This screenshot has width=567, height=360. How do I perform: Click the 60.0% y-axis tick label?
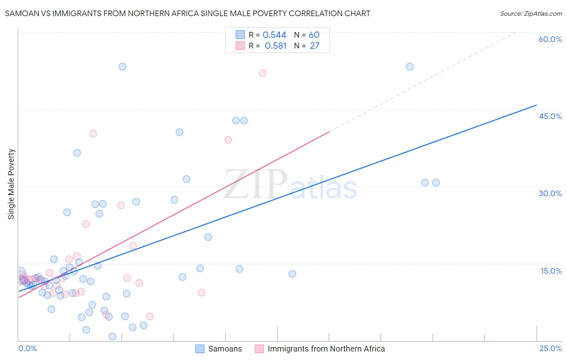[x=550, y=39]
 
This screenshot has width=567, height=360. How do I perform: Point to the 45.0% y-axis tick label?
[x=550, y=116]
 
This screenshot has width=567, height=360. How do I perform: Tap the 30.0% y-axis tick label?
[x=550, y=193]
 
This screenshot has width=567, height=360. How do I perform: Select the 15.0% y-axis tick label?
[x=551, y=271]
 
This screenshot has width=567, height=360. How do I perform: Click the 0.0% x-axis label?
[x=27, y=348]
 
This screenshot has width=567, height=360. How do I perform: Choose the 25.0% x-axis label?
[x=550, y=348]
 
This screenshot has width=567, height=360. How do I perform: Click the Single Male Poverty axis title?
[x=11, y=184]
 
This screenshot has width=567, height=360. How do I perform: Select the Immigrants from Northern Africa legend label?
[x=326, y=349]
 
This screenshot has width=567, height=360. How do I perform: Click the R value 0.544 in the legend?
[x=274, y=35]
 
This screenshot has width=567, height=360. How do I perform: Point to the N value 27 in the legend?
[x=315, y=46]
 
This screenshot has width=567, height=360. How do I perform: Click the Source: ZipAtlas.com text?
[x=531, y=14]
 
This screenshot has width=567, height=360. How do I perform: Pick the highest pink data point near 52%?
[x=263, y=73]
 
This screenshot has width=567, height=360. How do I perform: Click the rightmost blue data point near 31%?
[x=436, y=182]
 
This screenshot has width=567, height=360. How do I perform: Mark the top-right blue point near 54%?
[x=410, y=67]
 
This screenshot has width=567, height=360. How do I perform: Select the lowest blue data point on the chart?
[x=113, y=337]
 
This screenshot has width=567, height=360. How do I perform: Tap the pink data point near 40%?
[x=93, y=134]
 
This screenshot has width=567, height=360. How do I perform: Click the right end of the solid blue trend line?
[x=536, y=105]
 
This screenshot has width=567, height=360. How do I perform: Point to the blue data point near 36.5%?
[x=77, y=153]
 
